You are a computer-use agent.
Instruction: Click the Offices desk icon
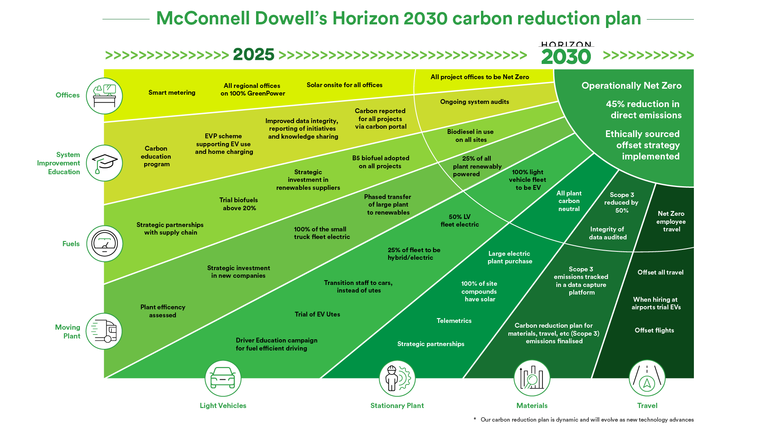click(104, 96)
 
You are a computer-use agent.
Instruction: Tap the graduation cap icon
click(104, 163)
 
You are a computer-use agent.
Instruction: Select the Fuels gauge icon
click(105, 244)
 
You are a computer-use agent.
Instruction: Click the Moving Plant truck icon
click(104, 331)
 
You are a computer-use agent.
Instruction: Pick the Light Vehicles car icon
click(223, 378)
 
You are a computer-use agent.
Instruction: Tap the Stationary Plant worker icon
click(397, 378)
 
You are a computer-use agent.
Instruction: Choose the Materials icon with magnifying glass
click(532, 378)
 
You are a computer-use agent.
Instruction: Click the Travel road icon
click(647, 378)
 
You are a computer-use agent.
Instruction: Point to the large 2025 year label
click(254, 55)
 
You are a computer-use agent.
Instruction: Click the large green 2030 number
click(566, 57)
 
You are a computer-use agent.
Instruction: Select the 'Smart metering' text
click(172, 93)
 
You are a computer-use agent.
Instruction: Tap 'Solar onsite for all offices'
click(344, 85)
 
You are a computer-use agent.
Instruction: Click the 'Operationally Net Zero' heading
click(632, 86)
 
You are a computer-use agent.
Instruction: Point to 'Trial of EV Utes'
click(318, 315)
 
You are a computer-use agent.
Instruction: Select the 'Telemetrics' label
click(454, 321)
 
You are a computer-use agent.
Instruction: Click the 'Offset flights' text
click(654, 330)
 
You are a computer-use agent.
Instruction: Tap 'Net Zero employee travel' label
click(671, 221)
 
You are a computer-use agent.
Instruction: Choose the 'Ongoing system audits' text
click(475, 102)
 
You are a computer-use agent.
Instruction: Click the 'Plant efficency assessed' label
click(163, 311)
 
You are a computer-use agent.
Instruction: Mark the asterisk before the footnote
click(475, 419)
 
